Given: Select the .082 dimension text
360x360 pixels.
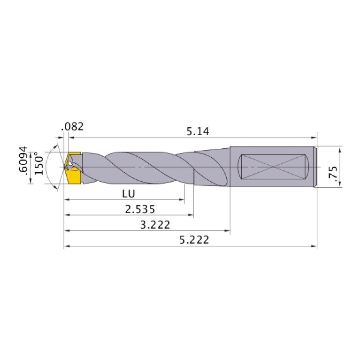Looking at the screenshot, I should pos(72,126).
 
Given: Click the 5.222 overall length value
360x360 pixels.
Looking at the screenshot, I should pos(193,240).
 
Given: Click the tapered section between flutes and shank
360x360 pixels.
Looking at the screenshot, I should pos(212,167).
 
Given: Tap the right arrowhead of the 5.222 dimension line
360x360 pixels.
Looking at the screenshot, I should pos(314,246).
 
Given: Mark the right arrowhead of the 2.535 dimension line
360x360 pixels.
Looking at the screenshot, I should pos(191,215).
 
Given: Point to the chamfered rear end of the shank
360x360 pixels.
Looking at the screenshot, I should pos(315,167).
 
